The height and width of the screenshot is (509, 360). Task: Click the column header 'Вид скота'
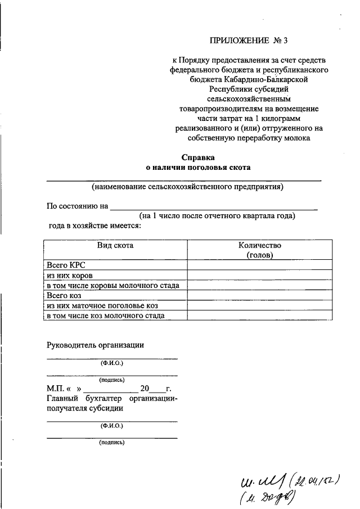click(116, 245)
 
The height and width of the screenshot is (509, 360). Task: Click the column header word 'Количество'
click(259, 245)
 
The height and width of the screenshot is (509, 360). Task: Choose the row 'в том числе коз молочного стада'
click(106, 316)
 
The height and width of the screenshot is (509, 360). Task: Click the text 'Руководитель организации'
click(96, 345)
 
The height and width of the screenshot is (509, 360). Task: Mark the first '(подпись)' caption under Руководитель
click(112, 380)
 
